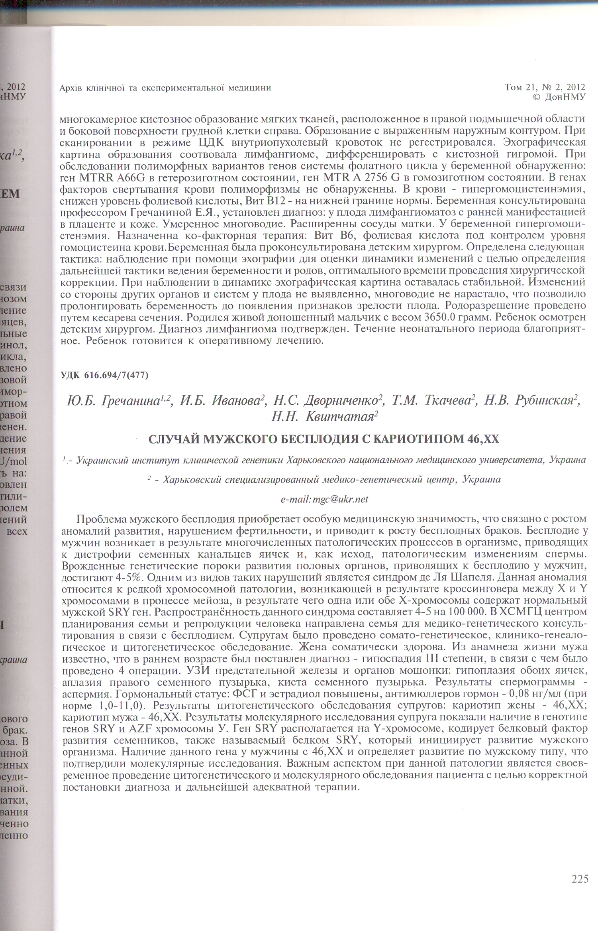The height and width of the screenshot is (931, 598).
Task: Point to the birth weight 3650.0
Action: point(441,317)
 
